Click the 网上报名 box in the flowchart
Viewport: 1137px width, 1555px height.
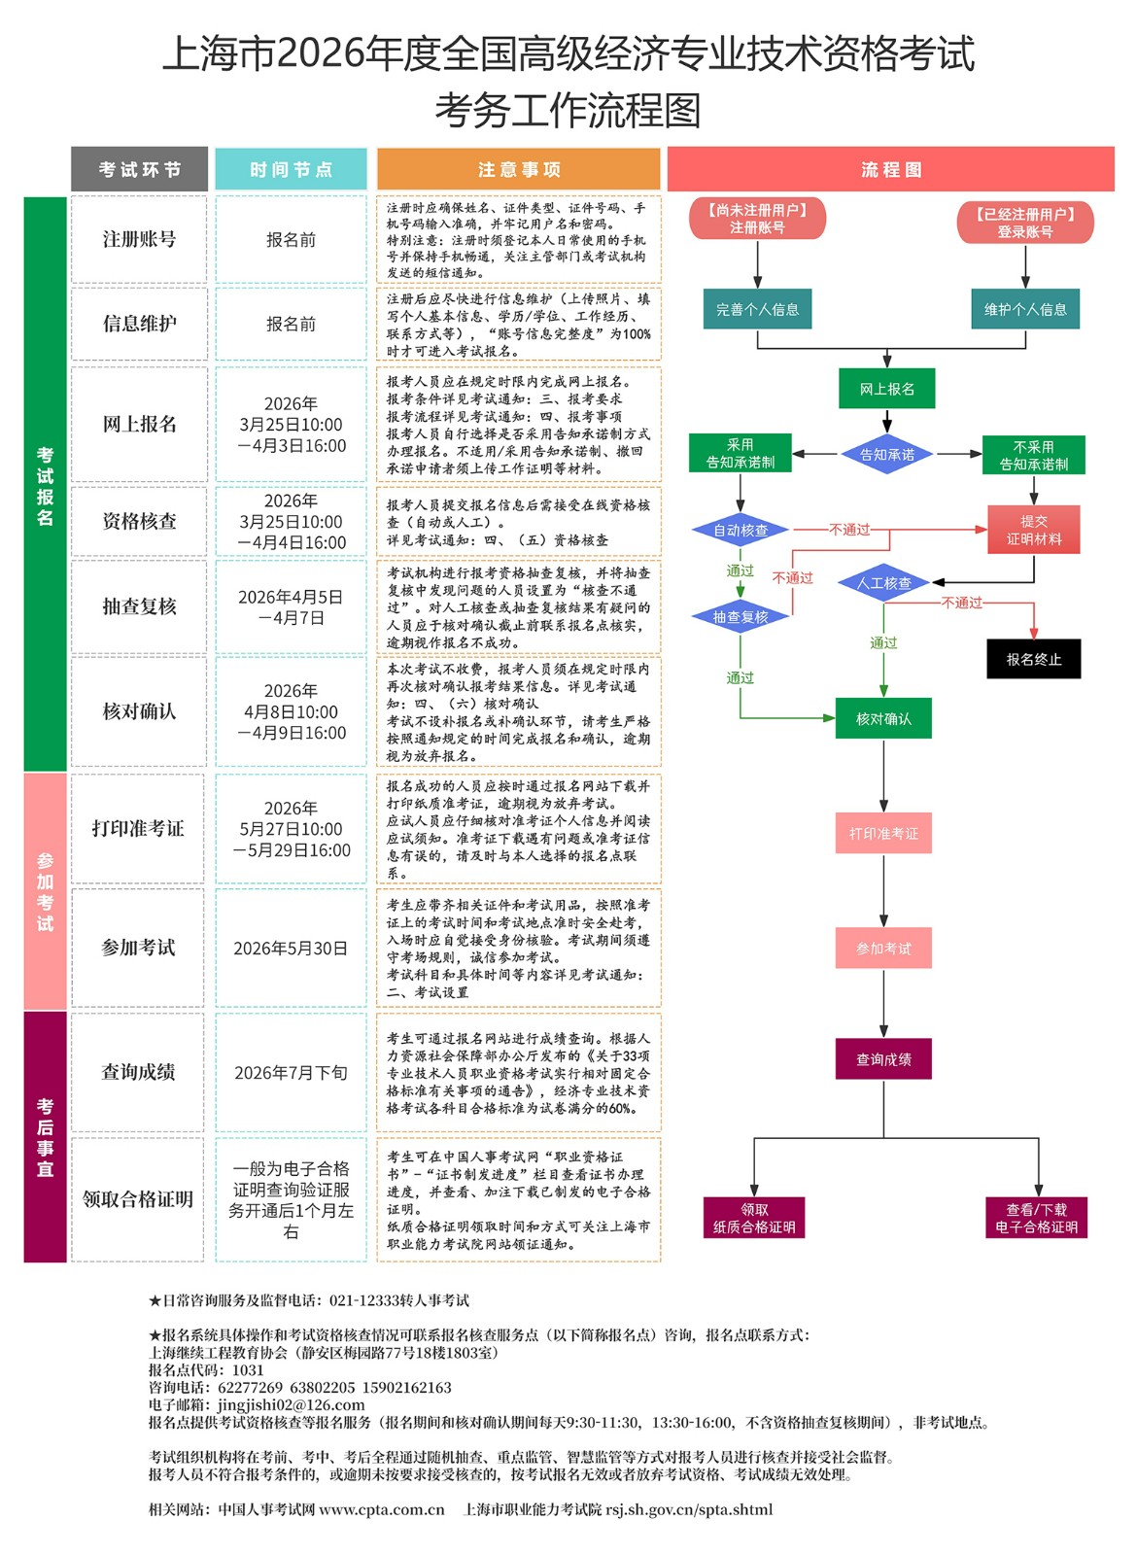click(886, 389)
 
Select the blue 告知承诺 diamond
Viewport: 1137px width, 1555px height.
click(886, 454)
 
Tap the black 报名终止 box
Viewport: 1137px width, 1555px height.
click(1033, 659)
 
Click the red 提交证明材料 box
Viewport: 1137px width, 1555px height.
click(1033, 530)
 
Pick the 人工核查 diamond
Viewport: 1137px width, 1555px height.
click(883, 583)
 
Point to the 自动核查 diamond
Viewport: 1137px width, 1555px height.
click(741, 530)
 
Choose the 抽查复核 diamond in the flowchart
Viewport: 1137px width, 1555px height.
click(741, 616)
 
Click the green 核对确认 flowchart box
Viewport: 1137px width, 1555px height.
click(883, 718)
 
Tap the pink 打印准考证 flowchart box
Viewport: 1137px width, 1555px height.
click(883, 833)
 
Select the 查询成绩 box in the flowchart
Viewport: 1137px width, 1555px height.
click(883, 1058)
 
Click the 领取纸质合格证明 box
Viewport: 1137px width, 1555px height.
click(754, 1218)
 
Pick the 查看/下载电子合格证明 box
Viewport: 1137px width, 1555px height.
click(1036, 1218)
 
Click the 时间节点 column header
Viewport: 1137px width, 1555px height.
click(291, 169)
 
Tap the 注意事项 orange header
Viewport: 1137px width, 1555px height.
click(519, 169)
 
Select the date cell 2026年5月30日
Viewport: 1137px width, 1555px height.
click(291, 948)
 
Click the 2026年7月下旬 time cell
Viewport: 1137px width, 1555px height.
click(291, 1072)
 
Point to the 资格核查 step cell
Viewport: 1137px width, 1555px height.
click(139, 521)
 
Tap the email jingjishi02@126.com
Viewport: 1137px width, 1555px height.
click(291, 1404)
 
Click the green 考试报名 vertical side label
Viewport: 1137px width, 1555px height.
click(45, 485)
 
